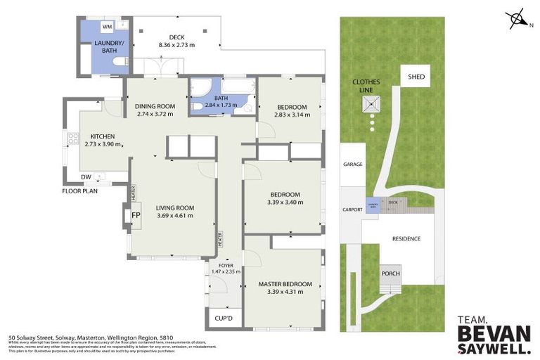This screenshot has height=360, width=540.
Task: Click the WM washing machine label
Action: pyautogui.click(x=107, y=27)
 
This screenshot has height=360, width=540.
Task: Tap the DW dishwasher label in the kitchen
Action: pyautogui.click(x=86, y=176)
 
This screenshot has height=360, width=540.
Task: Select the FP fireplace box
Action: pyautogui.click(x=136, y=214)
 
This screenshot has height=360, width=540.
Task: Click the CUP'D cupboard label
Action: pyautogui.click(x=224, y=319)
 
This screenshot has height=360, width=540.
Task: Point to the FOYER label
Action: pyautogui.click(x=225, y=264)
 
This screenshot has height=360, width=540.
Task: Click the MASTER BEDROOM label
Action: pyautogui.click(x=285, y=284)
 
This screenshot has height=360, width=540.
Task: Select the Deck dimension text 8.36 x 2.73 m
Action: pyautogui.click(x=176, y=45)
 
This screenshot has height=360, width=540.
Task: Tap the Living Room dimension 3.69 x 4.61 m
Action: pyautogui.click(x=174, y=215)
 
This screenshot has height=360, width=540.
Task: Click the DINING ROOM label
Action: pyautogui.click(x=155, y=106)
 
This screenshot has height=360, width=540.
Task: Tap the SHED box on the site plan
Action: pyautogui.click(x=418, y=77)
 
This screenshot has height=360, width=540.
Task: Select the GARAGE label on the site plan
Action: pyautogui.click(x=352, y=165)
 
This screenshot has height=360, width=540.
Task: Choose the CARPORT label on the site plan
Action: pyautogui.click(x=352, y=209)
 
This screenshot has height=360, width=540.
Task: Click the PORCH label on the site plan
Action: pyautogui.click(x=390, y=274)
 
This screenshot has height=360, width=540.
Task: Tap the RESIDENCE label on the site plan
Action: pyautogui.click(x=406, y=238)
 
